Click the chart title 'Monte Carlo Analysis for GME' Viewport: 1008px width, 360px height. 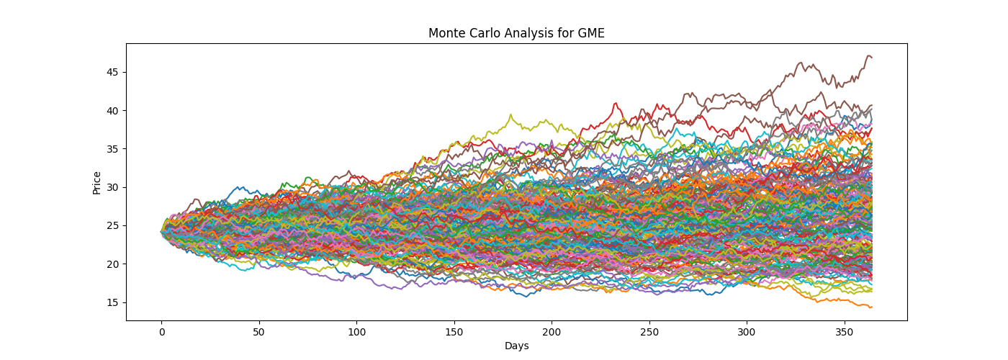click(516, 33)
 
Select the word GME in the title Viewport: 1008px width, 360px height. click(592, 33)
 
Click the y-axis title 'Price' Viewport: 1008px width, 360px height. click(96, 182)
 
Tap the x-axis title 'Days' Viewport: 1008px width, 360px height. click(516, 346)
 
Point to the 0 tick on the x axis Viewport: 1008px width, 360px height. click(161, 333)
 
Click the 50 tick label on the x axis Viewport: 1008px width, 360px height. click(258, 333)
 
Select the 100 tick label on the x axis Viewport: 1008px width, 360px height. click(356, 333)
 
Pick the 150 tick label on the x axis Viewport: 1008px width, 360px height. click(454, 333)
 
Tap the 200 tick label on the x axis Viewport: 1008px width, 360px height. click(552, 333)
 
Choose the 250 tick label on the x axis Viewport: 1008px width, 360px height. click(649, 333)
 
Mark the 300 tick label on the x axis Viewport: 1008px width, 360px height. click(747, 333)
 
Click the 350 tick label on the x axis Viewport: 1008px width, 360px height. click(844, 333)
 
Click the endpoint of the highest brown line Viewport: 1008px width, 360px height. click(872, 57)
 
